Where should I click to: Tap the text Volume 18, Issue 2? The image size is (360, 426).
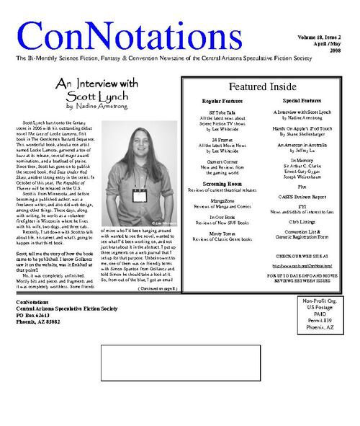(317, 35)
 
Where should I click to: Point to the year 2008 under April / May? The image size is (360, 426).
(336, 50)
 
